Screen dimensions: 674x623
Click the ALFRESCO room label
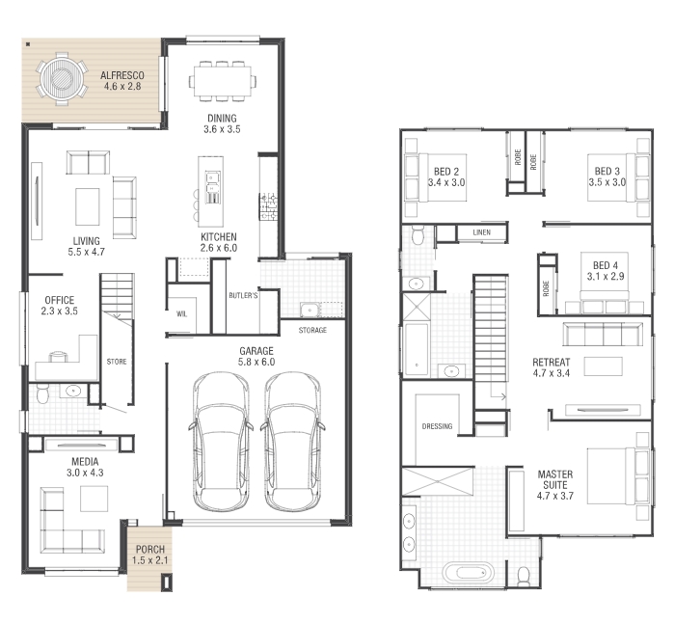click(122, 75)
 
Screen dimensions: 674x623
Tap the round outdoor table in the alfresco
click(63, 79)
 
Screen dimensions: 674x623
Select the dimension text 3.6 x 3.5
click(222, 129)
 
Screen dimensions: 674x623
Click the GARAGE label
click(256, 351)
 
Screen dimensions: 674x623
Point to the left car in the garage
click(221, 442)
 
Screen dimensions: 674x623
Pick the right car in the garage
click(293, 442)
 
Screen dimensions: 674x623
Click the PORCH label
click(150, 549)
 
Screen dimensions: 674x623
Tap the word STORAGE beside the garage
click(312, 330)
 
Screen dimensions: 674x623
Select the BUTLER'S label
click(243, 295)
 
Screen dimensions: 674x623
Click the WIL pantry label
click(182, 313)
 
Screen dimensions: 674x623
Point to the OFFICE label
click(60, 300)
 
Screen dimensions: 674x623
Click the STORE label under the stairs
click(117, 362)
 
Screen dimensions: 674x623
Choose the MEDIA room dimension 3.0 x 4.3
click(85, 473)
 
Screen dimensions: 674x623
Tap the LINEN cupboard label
click(481, 232)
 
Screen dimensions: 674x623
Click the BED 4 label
click(606, 265)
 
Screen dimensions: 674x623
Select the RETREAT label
click(552, 362)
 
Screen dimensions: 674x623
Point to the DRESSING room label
click(437, 426)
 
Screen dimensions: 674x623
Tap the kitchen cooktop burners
click(269, 206)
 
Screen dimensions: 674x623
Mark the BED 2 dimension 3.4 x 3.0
click(446, 182)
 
